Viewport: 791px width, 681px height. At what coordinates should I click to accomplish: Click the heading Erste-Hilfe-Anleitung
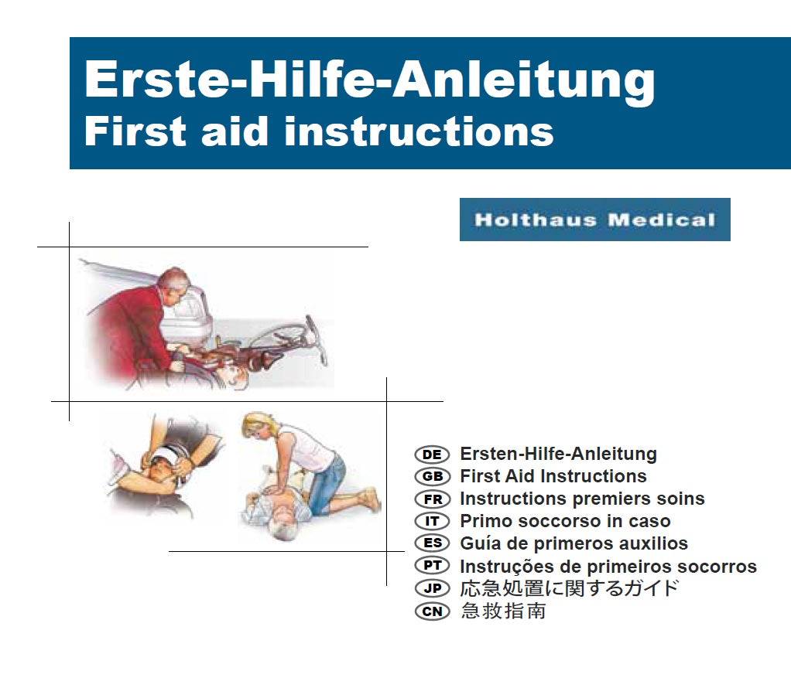[369, 80]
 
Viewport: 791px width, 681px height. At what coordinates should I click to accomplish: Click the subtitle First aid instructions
[318, 131]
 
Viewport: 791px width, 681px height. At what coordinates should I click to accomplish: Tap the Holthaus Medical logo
[594, 220]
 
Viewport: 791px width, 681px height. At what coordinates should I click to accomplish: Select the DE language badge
[432, 455]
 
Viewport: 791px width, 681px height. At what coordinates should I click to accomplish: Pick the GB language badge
[432, 477]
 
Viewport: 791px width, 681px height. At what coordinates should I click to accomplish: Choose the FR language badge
[432, 499]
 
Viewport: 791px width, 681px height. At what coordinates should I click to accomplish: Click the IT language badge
[432, 522]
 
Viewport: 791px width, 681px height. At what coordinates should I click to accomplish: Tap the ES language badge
[432, 543]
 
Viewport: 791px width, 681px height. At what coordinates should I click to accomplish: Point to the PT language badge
[432, 566]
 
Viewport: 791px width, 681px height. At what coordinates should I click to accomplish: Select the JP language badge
[432, 588]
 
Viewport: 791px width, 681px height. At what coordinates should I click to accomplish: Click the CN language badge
[432, 611]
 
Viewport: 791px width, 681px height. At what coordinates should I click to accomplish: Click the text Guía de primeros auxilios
[574, 543]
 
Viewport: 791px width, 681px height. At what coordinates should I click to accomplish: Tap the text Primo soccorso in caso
[565, 522]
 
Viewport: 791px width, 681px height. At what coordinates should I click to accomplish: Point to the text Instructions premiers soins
[582, 499]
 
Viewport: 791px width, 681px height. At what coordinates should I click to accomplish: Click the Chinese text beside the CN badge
[503, 611]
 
